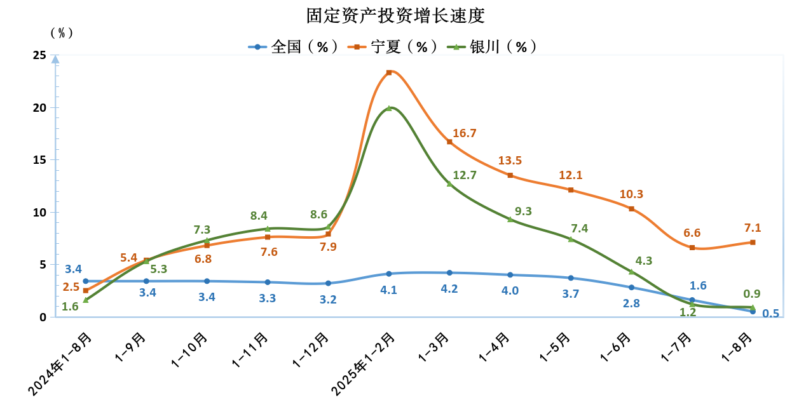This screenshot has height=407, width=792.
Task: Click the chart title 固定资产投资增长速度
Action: (x=395, y=15)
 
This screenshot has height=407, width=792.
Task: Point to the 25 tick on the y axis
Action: (x=39, y=56)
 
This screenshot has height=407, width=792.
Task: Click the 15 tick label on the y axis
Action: (x=39, y=160)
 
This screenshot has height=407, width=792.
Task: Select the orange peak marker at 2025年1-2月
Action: (x=389, y=72)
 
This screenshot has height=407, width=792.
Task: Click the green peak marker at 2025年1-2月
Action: (x=389, y=109)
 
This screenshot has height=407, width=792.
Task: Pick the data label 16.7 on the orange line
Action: (x=465, y=133)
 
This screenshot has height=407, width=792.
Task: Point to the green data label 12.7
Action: (x=465, y=175)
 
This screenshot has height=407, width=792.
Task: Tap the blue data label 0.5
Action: (x=770, y=313)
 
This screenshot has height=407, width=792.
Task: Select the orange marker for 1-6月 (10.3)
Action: (x=631, y=209)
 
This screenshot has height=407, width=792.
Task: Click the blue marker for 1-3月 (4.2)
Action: (x=449, y=273)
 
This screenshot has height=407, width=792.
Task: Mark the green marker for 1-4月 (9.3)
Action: (x=510, y=219)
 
